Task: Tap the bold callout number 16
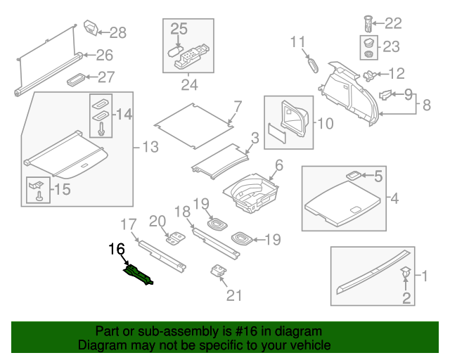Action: click(117, 249)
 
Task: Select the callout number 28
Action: click(117, 32)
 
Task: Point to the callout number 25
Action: click(179, 29)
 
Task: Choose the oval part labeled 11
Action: click(313, 64)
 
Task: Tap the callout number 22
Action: click(392, 23)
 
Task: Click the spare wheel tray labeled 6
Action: click(251, 191)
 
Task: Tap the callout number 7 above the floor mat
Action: click(238, 107)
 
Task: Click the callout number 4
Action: click(394, 199)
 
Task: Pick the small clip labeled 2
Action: click(406, 271)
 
